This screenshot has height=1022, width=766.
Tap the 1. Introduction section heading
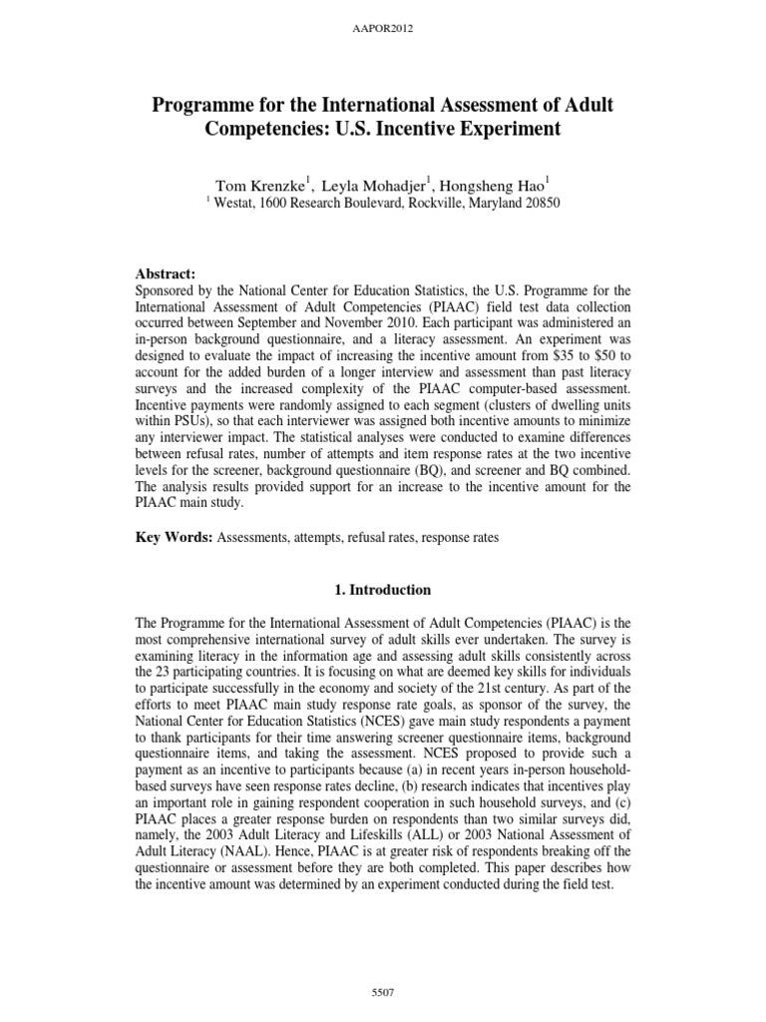(x=383, y=590)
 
